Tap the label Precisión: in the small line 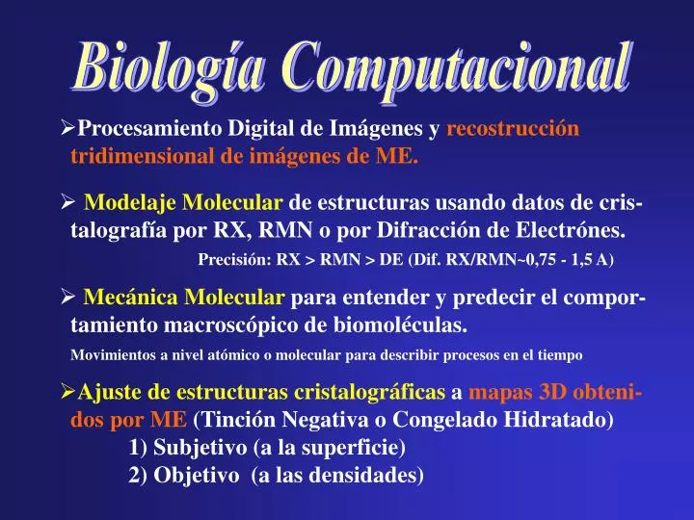click(x=234, y=260)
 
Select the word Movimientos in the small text click(x=110, y=355)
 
